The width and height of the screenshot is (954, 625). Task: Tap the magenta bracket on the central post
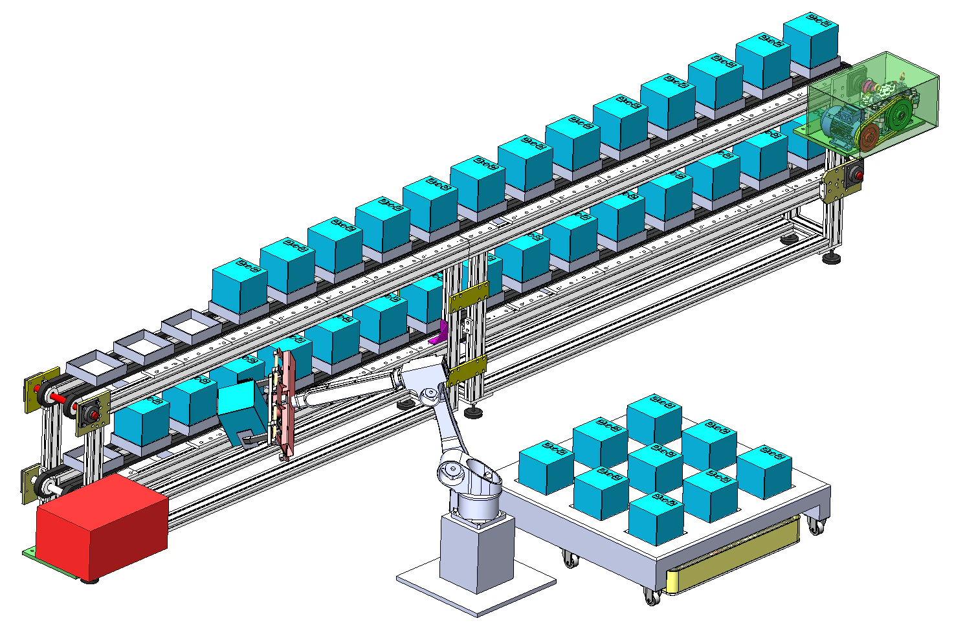pyautogui.click(x=439, y=333)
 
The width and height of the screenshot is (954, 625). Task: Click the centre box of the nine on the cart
pyautogui.click(x=655, y=468)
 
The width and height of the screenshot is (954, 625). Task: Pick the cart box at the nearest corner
pyautogui.click(x=655, y=518)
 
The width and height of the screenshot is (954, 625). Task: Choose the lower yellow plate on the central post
pyautogui.click(x=467, y=371)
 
